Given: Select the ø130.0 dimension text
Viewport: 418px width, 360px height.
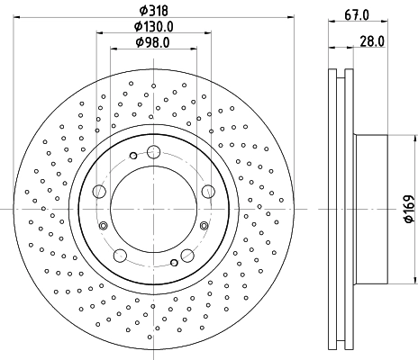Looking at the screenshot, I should coord(153,26).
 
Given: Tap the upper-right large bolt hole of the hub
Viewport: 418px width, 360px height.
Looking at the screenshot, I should coord(208,190).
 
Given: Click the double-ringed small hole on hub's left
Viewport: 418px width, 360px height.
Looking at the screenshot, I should coord(103,225).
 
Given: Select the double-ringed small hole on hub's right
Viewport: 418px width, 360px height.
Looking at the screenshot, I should coord(204,225).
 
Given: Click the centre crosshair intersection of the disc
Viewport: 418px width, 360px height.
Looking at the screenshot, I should coord(153,208).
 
